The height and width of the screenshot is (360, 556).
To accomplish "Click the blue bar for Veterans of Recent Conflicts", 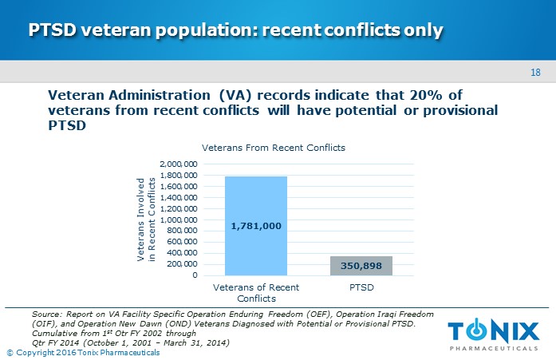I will (256, 200).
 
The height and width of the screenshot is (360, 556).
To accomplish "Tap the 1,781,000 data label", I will (256, 226).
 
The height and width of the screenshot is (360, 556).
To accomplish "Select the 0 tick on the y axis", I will (194, 275).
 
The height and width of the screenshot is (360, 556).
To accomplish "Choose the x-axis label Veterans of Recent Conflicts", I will (256, 292).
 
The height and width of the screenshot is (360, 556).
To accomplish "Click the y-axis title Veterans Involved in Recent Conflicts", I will (147, 220).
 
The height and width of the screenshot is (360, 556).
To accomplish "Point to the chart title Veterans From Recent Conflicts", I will (273, 148).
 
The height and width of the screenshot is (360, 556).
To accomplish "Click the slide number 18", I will (535, 73).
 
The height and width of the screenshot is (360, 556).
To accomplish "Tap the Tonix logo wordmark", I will (494, 330).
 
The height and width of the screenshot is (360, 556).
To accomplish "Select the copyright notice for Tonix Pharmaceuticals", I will (83, 353).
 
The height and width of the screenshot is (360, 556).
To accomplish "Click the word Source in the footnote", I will (42, 315).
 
